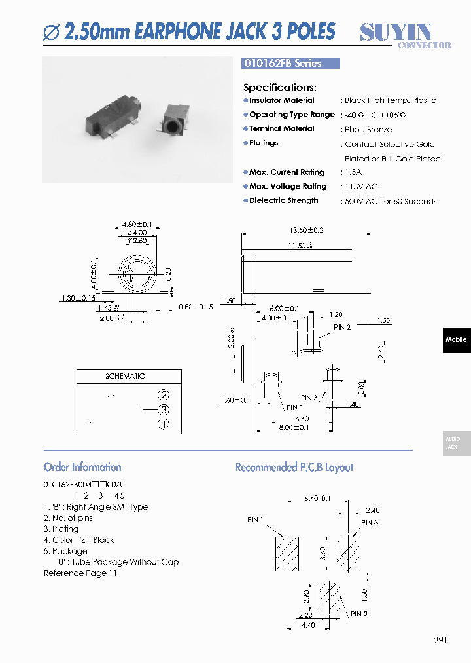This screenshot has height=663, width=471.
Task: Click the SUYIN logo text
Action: point(396,31)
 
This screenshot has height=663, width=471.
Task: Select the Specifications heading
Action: point(280,87)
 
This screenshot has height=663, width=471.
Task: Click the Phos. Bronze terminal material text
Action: point(368,130)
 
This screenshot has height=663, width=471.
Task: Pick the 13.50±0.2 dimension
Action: point(306,231)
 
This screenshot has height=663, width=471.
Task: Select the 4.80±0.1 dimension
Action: point(137,224)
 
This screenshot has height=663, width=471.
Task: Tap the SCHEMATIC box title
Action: point(125,377)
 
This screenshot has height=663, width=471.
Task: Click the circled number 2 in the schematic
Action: point(163,394)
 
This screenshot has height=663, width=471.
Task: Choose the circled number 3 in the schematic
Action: point(163,409)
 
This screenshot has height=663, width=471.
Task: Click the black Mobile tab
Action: point(456,339)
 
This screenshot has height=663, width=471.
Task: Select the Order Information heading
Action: point(82,467)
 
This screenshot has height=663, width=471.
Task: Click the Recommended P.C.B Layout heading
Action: point(294,467)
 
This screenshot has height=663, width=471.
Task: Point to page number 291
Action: point(441,640)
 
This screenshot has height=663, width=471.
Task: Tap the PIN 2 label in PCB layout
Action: point(359,614)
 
